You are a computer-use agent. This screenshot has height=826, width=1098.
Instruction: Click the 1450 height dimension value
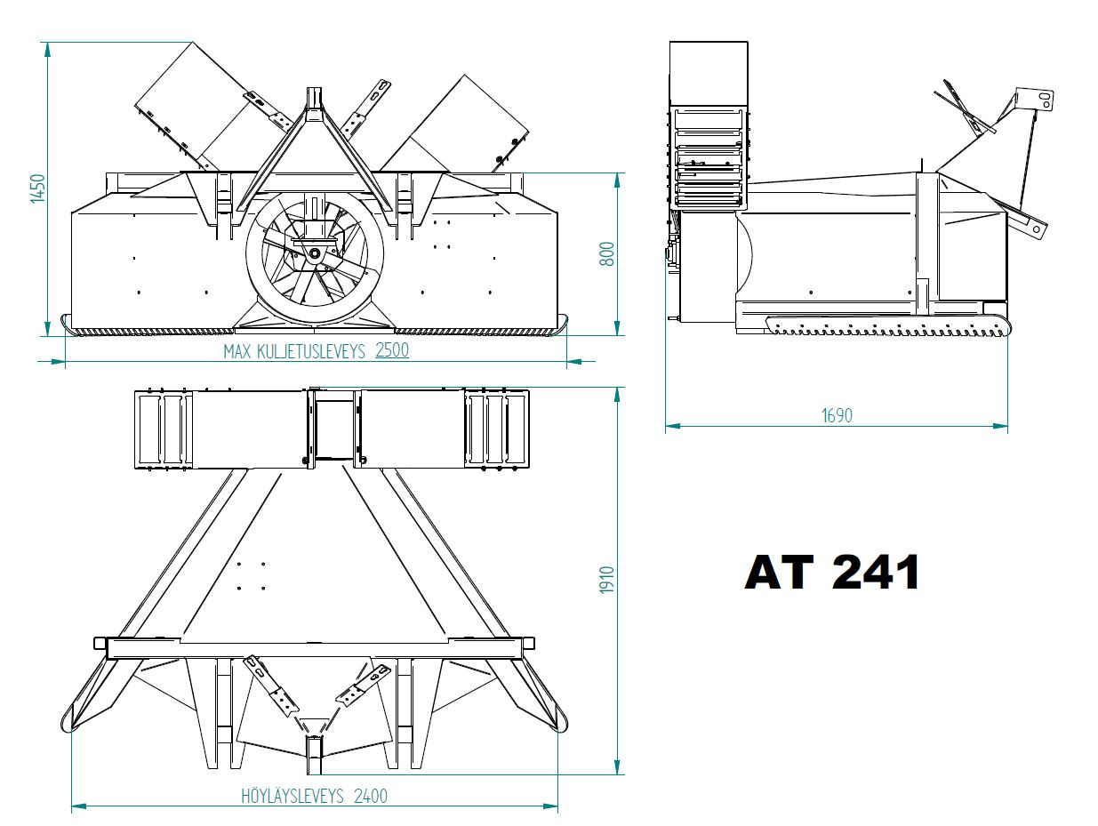[x=37, y=188]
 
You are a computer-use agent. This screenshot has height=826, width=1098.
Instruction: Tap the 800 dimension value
[x=606, y=253]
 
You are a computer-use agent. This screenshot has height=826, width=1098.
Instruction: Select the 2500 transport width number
[x=392, y=349]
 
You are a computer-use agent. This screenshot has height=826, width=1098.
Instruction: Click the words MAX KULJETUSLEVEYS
[x=294, y=352]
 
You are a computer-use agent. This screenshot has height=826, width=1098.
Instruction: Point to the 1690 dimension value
[x=837, y=415]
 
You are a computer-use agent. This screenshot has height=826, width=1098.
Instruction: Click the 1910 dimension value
[x=606, y=581]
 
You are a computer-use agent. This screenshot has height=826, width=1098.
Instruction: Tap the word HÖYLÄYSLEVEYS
[x=293, y=796]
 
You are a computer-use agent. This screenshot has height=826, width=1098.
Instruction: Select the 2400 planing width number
[x=371, y=796]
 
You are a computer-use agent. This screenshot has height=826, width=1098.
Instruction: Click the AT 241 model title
[x=832, y=573]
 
